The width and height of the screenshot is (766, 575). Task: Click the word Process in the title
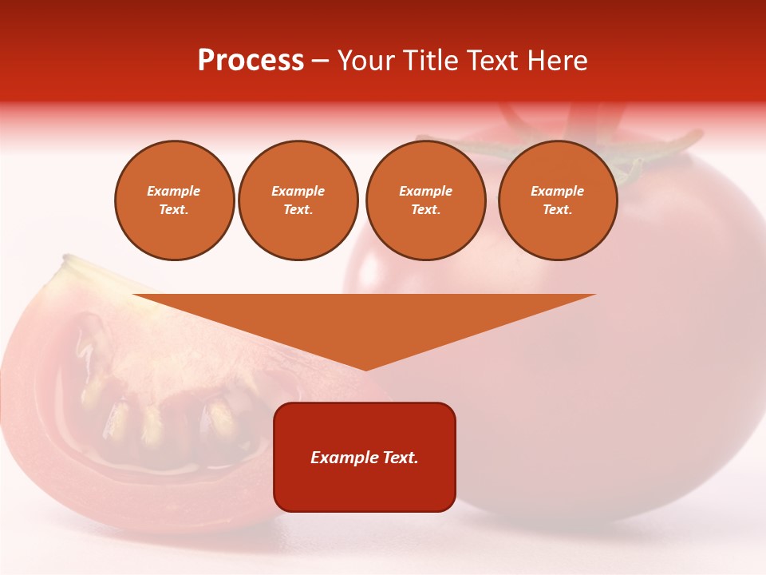tap(251, 61)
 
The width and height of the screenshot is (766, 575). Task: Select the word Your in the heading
tap(365, 61)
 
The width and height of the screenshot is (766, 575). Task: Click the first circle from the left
tap(174, 200)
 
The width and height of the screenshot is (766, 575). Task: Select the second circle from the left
tap(298, 200)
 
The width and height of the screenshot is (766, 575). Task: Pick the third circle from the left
tap(425, 200)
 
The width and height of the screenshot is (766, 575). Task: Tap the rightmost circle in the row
tap(557, 200)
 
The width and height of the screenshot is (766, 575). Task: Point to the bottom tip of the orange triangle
tap(365, 369)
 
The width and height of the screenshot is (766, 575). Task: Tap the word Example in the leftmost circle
tap(174, 191)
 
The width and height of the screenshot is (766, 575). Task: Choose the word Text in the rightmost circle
tap(557, 210)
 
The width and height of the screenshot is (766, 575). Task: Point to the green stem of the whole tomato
tap(559, 148)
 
